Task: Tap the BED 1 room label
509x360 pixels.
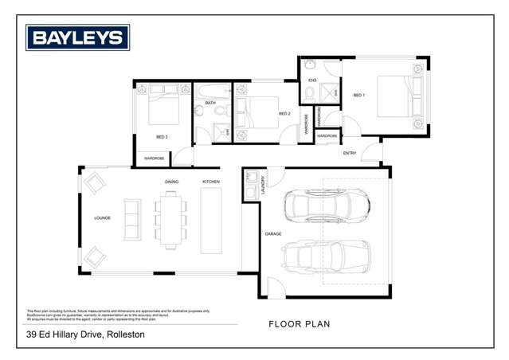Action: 358,96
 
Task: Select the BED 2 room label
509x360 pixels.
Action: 284,114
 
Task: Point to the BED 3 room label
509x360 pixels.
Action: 162,137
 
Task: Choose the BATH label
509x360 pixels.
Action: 210,103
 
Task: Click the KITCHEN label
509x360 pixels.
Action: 210,182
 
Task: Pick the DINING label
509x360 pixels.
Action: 172,182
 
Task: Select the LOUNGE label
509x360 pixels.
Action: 102,217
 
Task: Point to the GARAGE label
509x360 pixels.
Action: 274,233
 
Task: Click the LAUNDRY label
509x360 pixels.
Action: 261,186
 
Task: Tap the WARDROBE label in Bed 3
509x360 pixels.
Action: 155,158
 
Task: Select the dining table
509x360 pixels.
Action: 170,221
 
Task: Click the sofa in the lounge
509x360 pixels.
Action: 131,219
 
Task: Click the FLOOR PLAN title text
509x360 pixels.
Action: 300,324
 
